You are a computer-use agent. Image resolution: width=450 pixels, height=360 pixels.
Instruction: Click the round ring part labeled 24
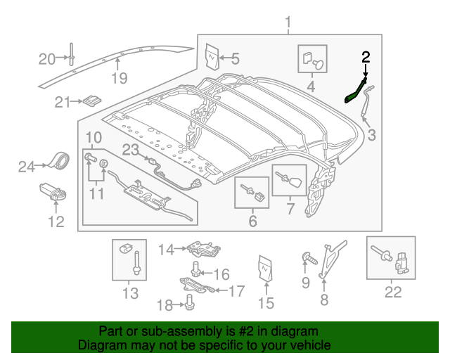[58, 161]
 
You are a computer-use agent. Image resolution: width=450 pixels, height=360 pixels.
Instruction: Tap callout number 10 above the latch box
[93, 136]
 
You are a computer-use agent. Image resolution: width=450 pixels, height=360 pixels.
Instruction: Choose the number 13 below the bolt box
[130, 293]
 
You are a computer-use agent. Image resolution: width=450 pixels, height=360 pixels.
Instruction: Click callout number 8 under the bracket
[324, 301]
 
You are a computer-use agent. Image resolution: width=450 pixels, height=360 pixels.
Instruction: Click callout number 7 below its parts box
[289, 210]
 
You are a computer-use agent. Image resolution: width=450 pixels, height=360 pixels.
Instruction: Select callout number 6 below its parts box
[252, 222]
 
